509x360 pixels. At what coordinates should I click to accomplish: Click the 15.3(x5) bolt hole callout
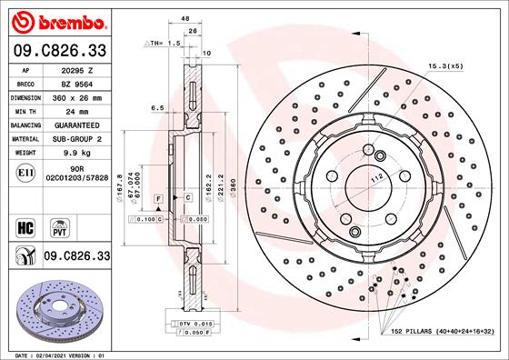(x=445, y=66)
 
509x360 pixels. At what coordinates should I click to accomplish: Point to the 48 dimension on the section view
(x=185, y=18)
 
